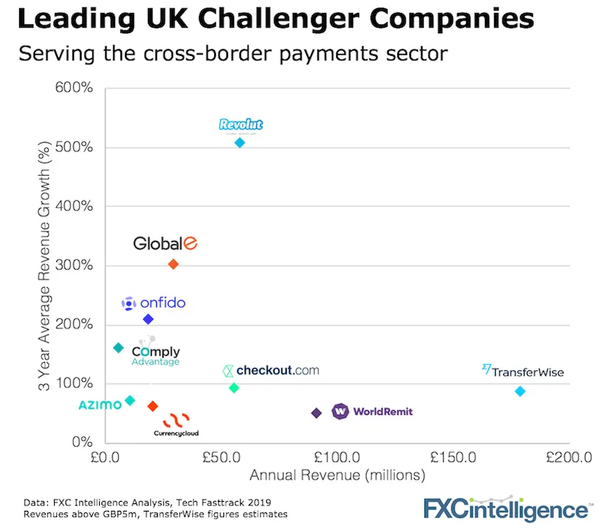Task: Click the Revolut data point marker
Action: click(239, 143)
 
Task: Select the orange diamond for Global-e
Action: click(173, 264)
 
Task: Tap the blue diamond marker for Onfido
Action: click(148, 319)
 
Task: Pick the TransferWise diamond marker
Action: click(520, 391)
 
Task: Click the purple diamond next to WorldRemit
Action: click(316, 413)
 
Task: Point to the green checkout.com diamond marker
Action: click(234, 388)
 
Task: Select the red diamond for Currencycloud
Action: click(152, 406)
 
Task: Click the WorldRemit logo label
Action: click(372, 412)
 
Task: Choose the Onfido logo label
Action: click(153, 303)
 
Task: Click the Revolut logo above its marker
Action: click(240, 124)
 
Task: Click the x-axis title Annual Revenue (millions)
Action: click(336, 476)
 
